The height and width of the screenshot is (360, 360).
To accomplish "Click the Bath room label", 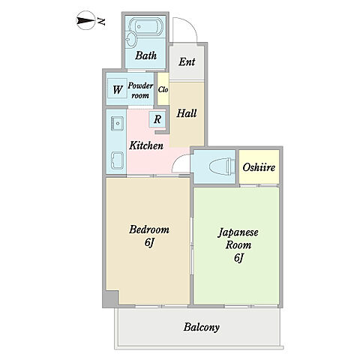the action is tap(146, 55).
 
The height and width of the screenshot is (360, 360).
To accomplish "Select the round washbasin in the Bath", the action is tap(131, 40).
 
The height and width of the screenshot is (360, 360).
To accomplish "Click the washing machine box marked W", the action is tap(117, 89).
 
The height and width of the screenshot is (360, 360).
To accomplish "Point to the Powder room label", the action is tap(140, 91).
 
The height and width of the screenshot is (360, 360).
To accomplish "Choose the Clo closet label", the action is tap(163, 89).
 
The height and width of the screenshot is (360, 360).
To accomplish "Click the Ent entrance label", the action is tap(187, 61).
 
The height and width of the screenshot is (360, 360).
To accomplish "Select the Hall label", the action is tap(187, 113).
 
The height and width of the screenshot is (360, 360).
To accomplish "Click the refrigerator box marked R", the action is tap(157, 119).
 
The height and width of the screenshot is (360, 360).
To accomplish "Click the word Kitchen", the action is tap(146, 145).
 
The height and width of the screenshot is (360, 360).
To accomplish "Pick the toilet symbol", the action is tap(222, 166).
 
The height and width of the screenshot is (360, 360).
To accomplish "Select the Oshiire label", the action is tap(259, 167).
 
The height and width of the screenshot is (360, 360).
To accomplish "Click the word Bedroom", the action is tap(149, 229).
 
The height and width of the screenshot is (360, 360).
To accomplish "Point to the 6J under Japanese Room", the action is tap(238, 258).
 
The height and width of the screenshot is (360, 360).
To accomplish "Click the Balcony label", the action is tap(202, 327).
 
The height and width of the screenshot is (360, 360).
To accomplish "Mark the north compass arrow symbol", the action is tap(86, 20).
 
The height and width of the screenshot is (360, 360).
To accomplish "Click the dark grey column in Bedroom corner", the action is tap(110, 299).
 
